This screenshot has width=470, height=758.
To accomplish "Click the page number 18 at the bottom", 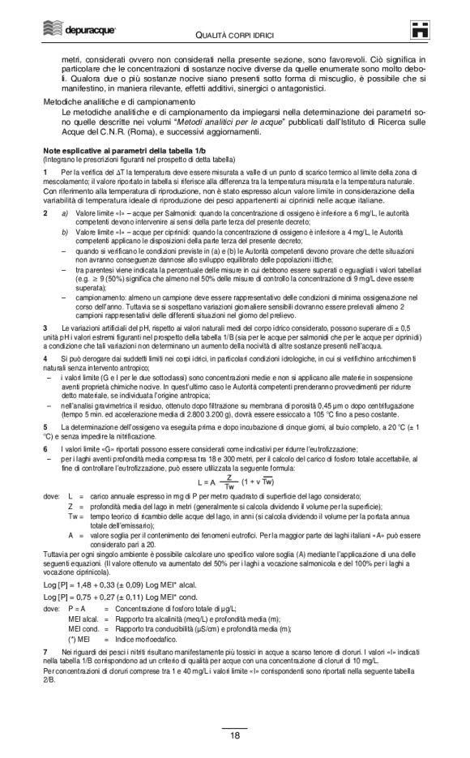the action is pyautogui.click(x=234, y=735).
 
